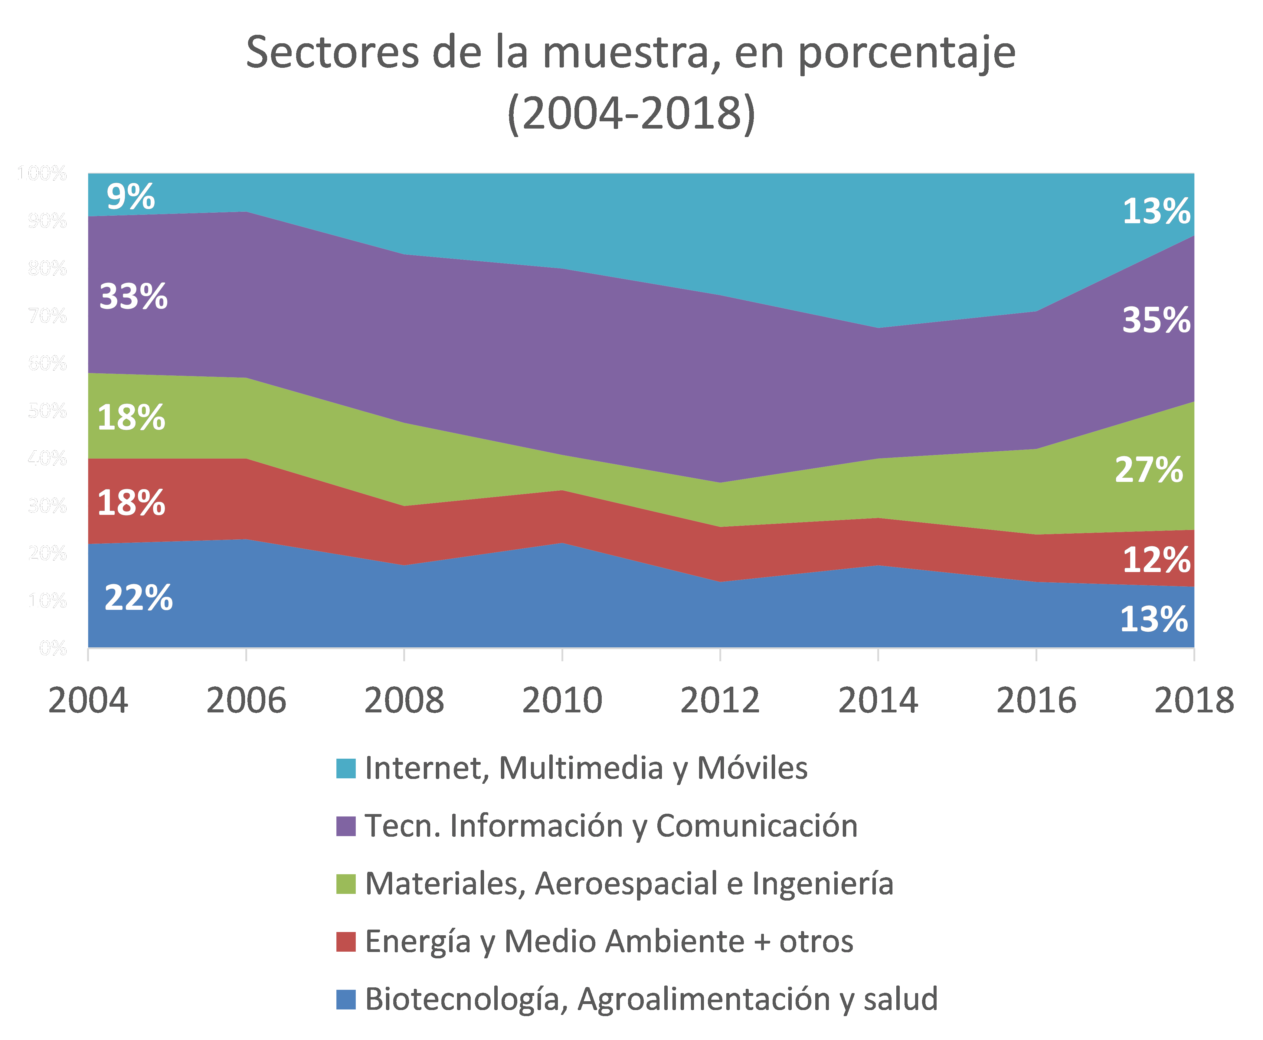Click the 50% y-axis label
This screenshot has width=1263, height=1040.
47,410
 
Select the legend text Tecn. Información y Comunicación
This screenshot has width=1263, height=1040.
611,826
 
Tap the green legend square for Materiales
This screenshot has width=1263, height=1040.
346,884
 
